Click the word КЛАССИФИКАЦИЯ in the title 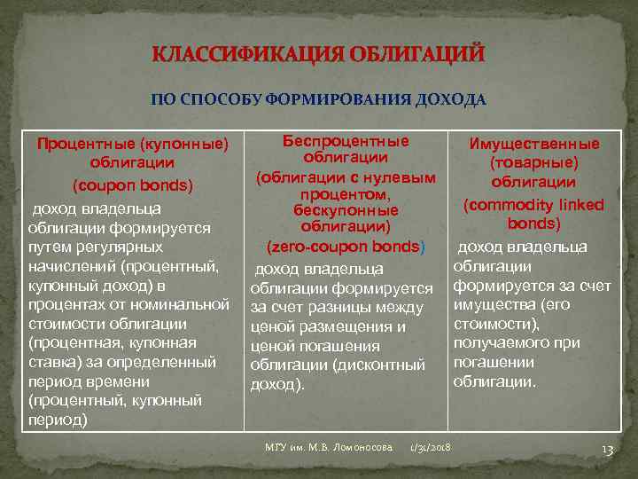pyautogui.click(x=233, y=55)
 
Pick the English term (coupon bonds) pyautogui.click(x=132, y=185)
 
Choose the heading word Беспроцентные pyautogui.click(x=346, y=140)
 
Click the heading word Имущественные pyautogui.click(x=534, y=144)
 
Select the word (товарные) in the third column pyautogui.click(x=534, y=163)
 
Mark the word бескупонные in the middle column pyautogui.click(x=346, y=210)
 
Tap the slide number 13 pyautogui.click(x=607, y=450)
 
